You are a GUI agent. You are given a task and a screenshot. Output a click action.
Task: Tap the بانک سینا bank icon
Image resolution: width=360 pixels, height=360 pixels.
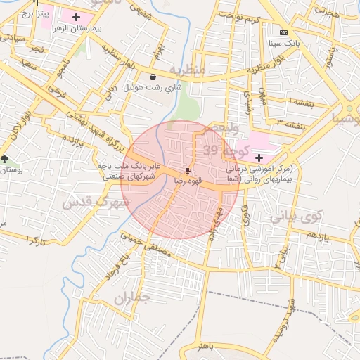point(283,32)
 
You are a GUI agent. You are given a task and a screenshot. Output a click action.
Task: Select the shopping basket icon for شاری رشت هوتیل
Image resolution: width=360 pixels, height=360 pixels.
point(153,77)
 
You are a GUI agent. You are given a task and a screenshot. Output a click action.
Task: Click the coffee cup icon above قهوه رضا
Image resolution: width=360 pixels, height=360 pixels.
point(188,170)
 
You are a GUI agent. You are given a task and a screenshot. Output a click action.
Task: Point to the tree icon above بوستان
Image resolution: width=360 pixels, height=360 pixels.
point(6,160)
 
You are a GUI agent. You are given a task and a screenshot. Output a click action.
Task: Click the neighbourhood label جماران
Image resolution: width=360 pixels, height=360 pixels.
point(132,300)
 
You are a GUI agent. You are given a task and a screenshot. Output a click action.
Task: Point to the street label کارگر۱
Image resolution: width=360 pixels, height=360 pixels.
point(37,240)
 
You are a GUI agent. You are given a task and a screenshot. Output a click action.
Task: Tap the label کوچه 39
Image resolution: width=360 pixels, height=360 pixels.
point(227,149)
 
